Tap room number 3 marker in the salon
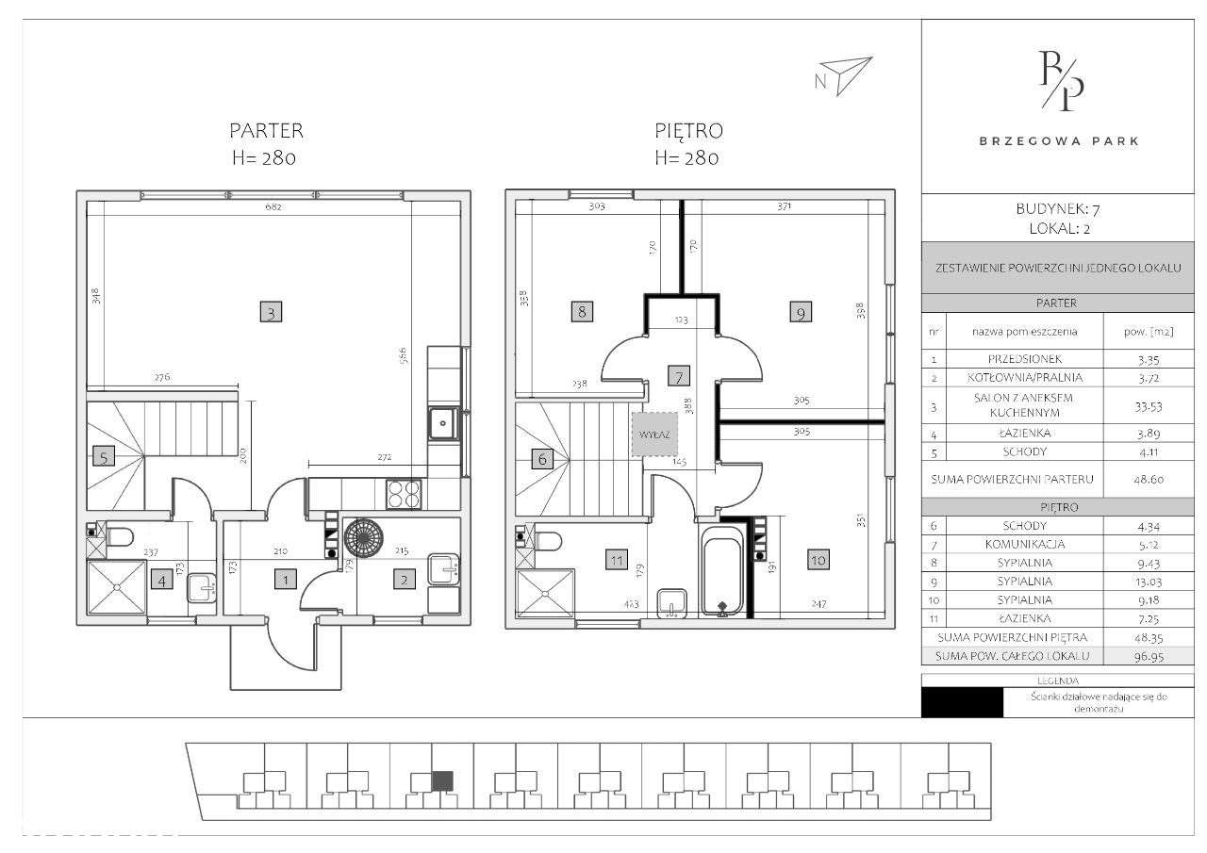[271, 313]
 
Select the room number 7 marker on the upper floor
[678, 375]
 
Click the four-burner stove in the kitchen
[405, 493]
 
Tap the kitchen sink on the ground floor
[443, 423]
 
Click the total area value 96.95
[1142, 655]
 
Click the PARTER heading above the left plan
[267, 131]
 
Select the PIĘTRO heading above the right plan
[688, 131]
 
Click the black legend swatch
[962, 702]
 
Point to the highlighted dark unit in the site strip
[442, 779]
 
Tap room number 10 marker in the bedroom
[817, 560]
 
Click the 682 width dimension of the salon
[273, 207]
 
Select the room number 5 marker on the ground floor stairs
[104, 458]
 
